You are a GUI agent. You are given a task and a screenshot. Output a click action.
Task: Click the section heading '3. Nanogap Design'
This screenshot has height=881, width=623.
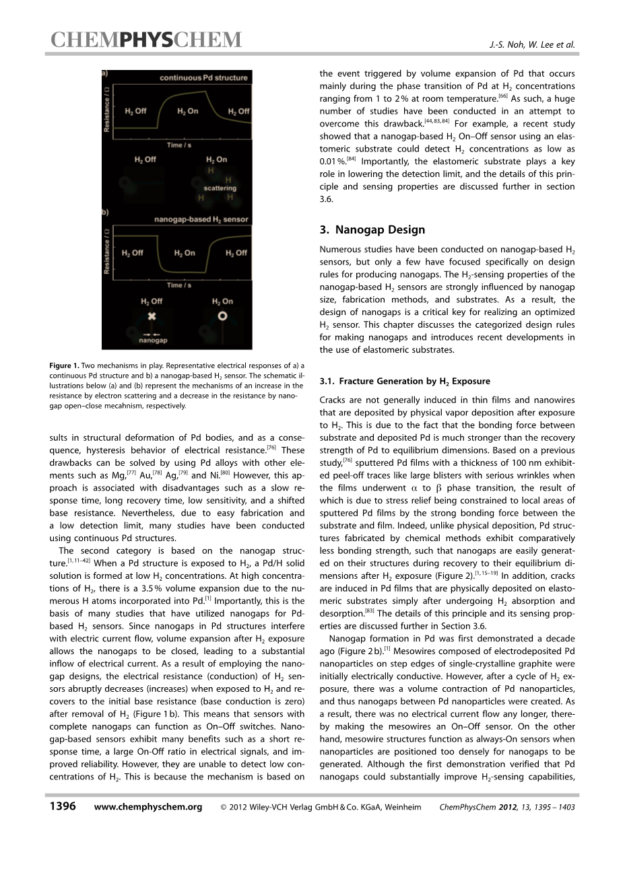pos(372,230)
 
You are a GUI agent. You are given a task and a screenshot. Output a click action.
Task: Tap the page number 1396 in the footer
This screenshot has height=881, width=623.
pos(63,807)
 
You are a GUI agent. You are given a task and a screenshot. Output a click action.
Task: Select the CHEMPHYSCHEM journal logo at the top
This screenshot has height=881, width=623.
pos(145,41)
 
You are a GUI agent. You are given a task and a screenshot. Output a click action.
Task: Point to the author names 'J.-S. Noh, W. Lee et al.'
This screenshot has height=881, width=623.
pos(532,45)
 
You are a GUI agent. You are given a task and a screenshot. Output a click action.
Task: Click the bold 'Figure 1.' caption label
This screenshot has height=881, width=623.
pos(64,366)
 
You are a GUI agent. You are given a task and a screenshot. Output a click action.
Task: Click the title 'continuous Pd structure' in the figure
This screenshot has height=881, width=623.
pos(203,78)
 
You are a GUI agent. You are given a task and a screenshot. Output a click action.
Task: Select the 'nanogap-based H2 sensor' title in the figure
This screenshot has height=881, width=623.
pos(201,219)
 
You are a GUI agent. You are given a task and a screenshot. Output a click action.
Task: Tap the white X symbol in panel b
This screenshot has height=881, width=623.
pos(152,316)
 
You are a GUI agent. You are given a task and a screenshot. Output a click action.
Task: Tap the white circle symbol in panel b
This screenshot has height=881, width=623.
pos(222,316)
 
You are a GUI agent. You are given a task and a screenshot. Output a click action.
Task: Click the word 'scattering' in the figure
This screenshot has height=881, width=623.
pos(220,188)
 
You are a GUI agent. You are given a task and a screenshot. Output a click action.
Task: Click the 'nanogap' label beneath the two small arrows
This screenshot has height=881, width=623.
pos(153,341)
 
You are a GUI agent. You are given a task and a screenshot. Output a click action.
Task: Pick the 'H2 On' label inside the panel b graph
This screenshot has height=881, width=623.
pos(184,253)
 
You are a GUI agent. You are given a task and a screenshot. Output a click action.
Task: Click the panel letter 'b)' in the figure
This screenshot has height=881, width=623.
pos(106,212)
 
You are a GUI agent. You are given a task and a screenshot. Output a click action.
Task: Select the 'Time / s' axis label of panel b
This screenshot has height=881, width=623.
pos(178,285)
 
